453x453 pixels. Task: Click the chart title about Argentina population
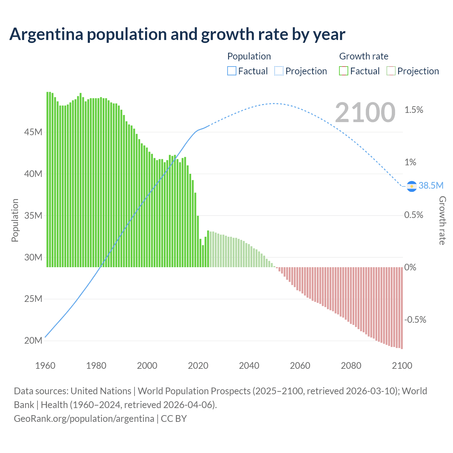coord(177,34)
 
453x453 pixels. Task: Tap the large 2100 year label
coord(365,113)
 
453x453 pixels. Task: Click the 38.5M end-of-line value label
coord(431,185)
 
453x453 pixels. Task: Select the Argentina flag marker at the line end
coord(412,186)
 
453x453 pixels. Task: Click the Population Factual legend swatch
coord(231,71)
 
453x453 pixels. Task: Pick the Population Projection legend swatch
coord(279,71)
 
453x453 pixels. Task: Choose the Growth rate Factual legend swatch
coord(343,71)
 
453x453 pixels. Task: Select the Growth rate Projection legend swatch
coord(391,71)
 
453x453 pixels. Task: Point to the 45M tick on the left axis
coord(33,132)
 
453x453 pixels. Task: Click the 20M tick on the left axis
coord(33,340)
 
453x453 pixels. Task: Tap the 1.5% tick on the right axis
coord(414,110)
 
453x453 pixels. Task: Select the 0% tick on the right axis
coord(410,268)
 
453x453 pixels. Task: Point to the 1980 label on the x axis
coord(96,366)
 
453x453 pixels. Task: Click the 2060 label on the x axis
coord(300,366)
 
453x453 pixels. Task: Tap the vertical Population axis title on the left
coord(15,220)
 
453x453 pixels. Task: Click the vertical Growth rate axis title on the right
coord(442,220)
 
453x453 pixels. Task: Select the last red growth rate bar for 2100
coord(402,308)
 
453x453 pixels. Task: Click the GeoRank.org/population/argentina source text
coord(84,419)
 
